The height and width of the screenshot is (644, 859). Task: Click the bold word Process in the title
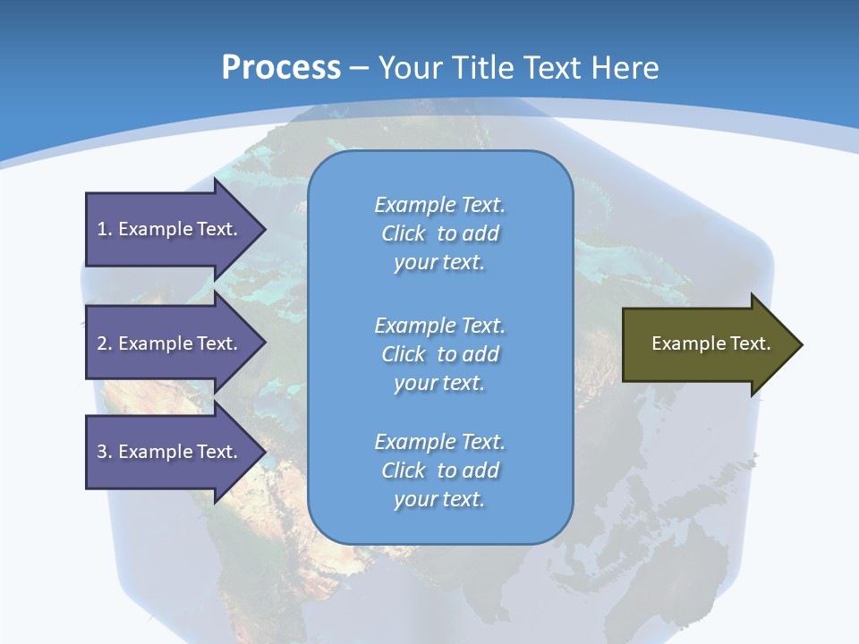281,68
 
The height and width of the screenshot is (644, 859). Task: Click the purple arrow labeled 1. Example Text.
170,229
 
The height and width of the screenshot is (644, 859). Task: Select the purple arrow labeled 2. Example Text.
170,343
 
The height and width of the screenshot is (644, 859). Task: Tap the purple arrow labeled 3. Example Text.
170,452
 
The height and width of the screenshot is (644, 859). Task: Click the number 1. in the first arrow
105,229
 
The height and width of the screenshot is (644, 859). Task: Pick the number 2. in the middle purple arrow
105,343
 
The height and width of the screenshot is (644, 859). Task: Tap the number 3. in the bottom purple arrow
105,452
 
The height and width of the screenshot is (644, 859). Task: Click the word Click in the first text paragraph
404,233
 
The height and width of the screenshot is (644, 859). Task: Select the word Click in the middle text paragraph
404,354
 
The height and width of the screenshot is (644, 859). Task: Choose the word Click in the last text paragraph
404,470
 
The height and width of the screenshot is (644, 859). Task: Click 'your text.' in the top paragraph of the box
439,263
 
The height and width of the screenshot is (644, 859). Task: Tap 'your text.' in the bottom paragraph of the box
439,500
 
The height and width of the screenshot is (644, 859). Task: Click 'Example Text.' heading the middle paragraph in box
439,326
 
